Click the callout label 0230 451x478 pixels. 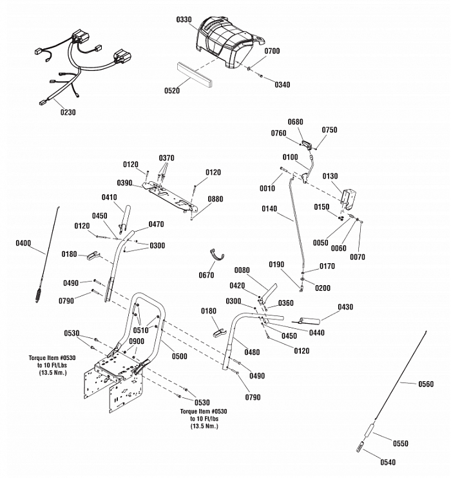tap(68, 112)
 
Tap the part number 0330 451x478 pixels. tap(184, 20)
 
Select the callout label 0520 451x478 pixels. tap(171, 91)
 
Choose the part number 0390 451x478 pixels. tap(125, 183)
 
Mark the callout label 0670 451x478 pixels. tap(206, 275)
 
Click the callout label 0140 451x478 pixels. tap(269, 208)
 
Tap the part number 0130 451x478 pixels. tap(330, 176)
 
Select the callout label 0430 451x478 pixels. tap(345, 307)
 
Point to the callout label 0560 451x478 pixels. tap(425, 384)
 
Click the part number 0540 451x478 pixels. tap(388, 462)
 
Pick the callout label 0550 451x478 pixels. tap(401, 444)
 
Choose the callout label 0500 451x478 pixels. tap(180, 356)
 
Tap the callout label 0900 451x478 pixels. tap(136, 341)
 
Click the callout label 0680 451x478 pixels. tap(295, 122)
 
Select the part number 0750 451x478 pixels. tap(329, 130)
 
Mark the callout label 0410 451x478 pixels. tap(109, 197)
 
